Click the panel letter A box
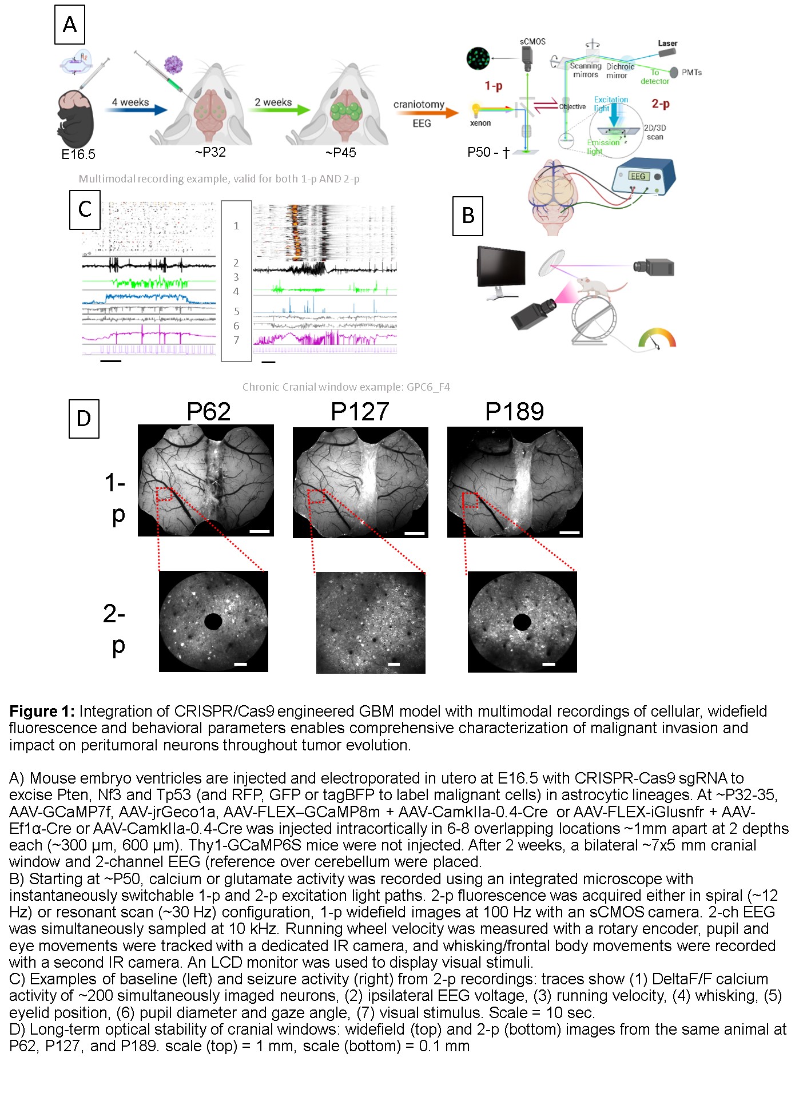(x=70, y=25)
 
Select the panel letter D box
(x=84, y=419)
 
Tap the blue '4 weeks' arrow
(x=137, y=110)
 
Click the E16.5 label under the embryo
(x=78, y=154)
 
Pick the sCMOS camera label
(x=532, y=42)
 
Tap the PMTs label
(x=691, y=72)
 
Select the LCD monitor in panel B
(x=501, y=269)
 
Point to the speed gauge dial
(x=657, y=338)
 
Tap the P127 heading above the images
(x=360, y=412)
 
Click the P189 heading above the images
(x=514, y=412)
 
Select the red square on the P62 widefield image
(x=165, y=494)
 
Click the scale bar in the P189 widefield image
(x=569, y=532)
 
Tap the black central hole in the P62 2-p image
(x=213, y=621)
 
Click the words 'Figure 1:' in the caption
(x=42, y=711)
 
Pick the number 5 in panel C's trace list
(x=236, y=312)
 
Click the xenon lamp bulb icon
(x=475, y=110)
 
